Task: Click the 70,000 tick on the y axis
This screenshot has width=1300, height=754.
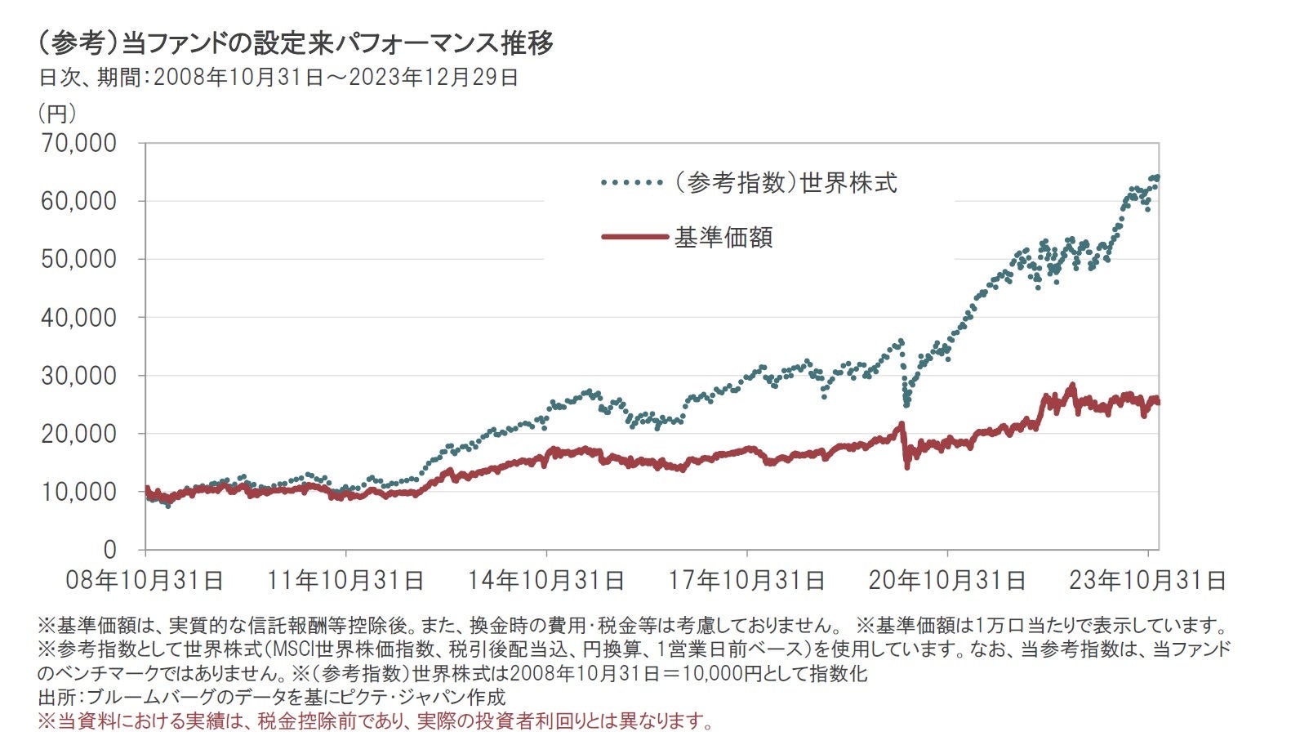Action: [x=78, y=143]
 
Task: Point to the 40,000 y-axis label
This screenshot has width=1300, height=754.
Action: [x=78, y=317]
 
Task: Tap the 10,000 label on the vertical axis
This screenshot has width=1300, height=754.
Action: [x=78, y=492]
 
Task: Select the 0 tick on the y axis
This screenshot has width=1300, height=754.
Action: [x=109, y=550]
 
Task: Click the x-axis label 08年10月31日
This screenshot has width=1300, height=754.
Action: [x=145, y=580]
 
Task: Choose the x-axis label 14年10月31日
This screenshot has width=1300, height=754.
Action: [x=546, y=580]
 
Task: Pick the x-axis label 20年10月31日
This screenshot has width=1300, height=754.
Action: [x=947, y=580]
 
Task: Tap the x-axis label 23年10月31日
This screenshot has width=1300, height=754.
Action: [x=1148, y=580]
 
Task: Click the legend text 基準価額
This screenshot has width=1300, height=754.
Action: [x=723, y=237]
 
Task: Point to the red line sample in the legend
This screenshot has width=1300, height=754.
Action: [x=634, y=237]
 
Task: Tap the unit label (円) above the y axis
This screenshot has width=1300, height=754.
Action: [x=57, y=113]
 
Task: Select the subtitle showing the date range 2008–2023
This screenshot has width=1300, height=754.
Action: [x=278, y=78]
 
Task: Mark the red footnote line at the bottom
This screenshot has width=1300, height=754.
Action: [x=376, y=721]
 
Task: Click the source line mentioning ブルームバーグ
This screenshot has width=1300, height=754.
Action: [x=272, y=697]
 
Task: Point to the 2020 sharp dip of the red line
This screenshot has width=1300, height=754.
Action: [x=906, y=466]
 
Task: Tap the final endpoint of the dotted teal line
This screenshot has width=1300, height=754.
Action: [x=1157, y=177]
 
